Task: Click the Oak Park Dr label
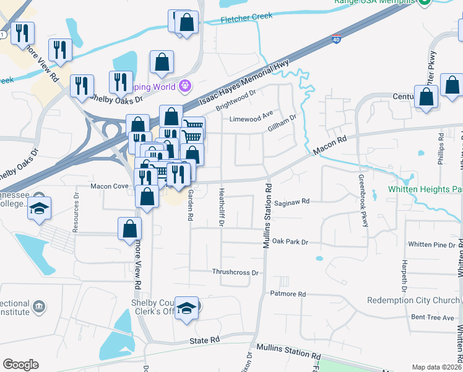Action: pyautogui.click(x=290, y=241)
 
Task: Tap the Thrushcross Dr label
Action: pyautogui.click(x=235, y=272)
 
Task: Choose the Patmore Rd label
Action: pyautogui.click(x=288, y=293)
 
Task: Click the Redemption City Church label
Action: pyautogui.click(x=413, y=300)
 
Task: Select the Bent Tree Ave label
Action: pyautogui.click(x=433, y=317)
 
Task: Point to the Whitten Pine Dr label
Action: pyautogui.click(x=431, y=245)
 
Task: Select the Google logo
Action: pyautogui.click(x=20, y=365)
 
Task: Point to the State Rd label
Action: pyautogui.click(x=206, y=340)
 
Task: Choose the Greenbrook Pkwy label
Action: pyautogui.click(x=363, y=201)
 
